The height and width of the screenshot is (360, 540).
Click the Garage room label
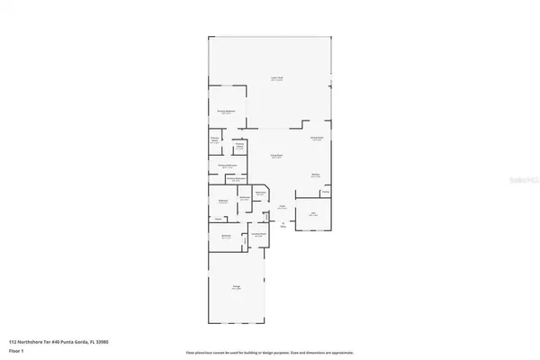[237, 287]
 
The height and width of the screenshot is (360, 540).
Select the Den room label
[313, 214]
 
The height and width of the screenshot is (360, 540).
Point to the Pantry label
[325, 192]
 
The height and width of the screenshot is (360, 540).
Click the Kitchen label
[316, 175]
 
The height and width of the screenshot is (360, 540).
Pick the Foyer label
[282, 207]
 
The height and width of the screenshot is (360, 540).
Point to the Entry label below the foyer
[283, 226]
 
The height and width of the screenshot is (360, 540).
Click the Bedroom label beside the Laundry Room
[227, 236]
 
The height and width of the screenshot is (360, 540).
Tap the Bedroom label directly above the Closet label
[223, 201]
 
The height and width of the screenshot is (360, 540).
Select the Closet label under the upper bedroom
[218, 219]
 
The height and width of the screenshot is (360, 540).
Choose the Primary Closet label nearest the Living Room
[240, 146]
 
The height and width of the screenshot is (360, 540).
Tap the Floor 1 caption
[16, 352]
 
